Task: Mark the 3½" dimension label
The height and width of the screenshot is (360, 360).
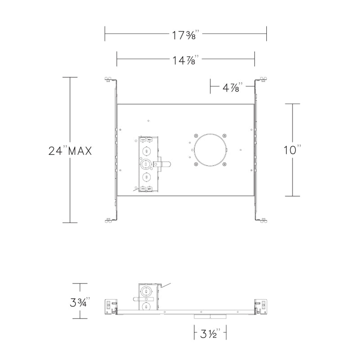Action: pyautogui.click(x=209, y=333)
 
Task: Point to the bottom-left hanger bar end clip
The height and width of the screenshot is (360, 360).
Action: pyautogui.click(x=108, y=220)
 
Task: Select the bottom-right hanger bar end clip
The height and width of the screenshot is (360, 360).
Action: pyautogui.click(x=263, y=220)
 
